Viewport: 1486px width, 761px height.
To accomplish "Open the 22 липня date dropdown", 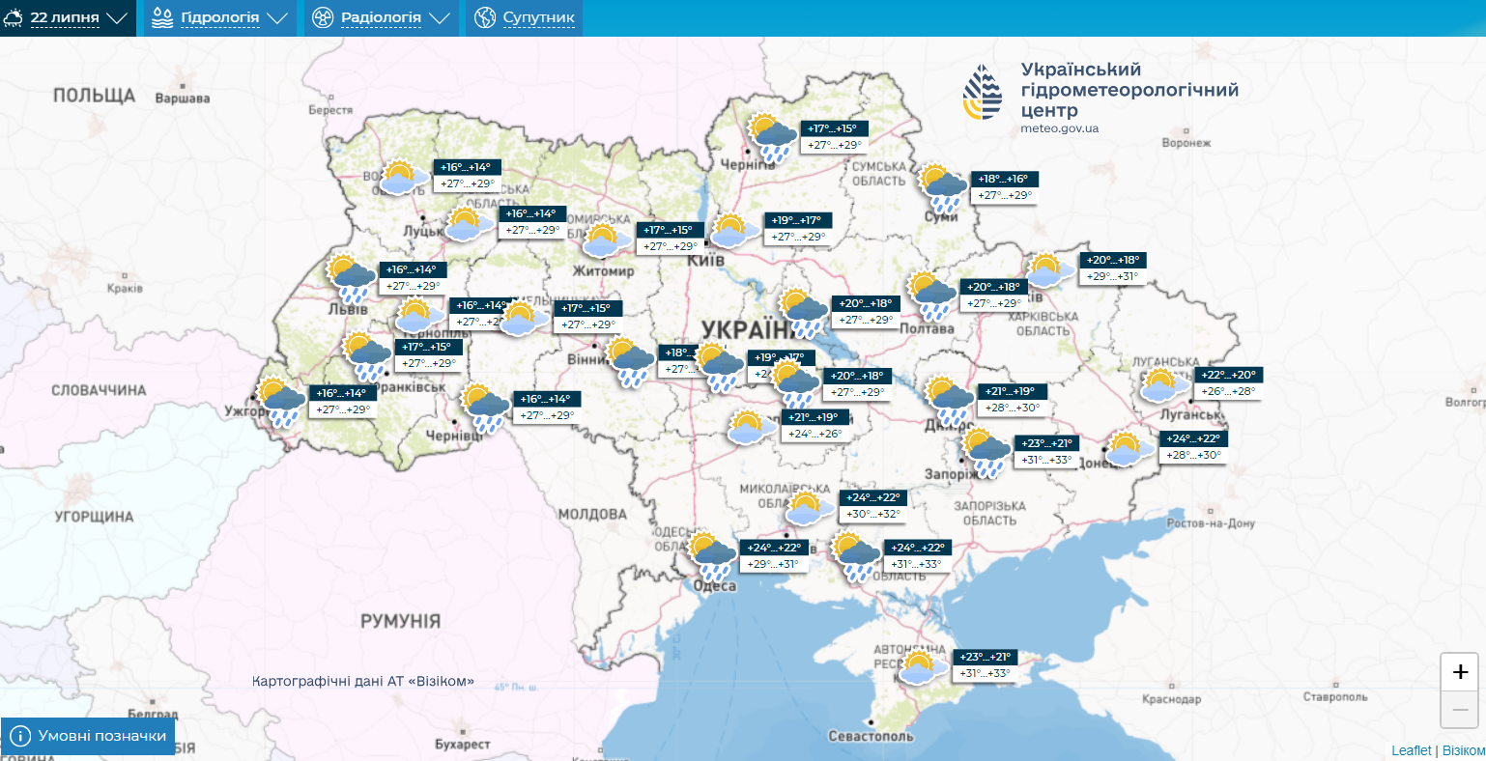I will tap(67, 18).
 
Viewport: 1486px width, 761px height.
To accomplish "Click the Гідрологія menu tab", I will tap(219, 18).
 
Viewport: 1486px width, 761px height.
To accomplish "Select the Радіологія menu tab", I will tap(381, 18).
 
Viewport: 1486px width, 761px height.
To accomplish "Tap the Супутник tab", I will tap(526, 18).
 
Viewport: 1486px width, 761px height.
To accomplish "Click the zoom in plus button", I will tap(1460, 672).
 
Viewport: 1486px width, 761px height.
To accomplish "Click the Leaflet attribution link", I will tap(1412, 750).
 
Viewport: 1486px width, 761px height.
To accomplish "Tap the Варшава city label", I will tap(183, 99).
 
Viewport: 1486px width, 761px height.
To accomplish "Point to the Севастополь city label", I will tap(871, 736).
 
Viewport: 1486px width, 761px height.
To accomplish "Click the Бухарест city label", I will tap(462, 745).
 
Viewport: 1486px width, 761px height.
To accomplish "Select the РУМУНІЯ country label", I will tap(400, 621).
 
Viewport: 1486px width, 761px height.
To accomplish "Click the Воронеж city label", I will tap(1186, 143).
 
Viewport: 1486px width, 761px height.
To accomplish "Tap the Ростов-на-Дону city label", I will tap(1211, 523).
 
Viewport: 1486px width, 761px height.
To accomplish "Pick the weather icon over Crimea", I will tap(920, 666).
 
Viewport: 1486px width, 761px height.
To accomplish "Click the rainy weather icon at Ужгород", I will tap(281, 402).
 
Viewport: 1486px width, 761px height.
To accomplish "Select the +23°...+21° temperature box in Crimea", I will tap(986, 657).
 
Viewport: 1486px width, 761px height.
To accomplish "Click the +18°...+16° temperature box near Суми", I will tap(1006, 180).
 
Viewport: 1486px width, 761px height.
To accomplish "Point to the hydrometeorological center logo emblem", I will tap(983, 93).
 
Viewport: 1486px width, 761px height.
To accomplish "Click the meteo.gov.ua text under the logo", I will tap(1059, 128).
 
